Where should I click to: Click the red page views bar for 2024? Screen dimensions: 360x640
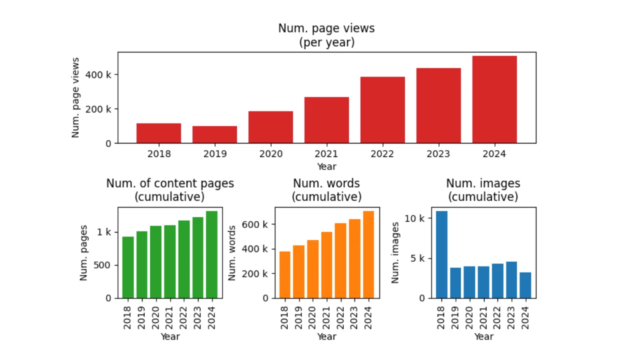tap(494, 99)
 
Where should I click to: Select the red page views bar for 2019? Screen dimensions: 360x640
tap(214, 134)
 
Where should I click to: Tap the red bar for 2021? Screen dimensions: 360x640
tap(326, 120)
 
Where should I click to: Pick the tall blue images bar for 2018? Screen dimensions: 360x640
tap(441, 254)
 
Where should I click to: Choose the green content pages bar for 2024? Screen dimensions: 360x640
tap(211, 254)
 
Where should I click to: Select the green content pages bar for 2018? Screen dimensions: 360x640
tap(128, 267)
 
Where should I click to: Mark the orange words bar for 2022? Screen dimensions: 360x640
tap(340, 260)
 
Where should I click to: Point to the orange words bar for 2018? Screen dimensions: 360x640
tap(284, 274)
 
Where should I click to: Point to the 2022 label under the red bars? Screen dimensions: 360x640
tap(382, 154)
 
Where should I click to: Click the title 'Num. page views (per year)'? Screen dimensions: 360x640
tap(326, 35)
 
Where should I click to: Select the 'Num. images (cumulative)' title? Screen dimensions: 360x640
tap(483, 190)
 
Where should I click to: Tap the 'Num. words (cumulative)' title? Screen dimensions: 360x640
tap(326, 190)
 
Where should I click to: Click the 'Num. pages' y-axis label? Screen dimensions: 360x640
tap(84, 252)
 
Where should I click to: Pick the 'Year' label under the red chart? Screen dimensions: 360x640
tap(326, 166)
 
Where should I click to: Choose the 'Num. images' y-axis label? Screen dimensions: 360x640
tap(395, 252)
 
